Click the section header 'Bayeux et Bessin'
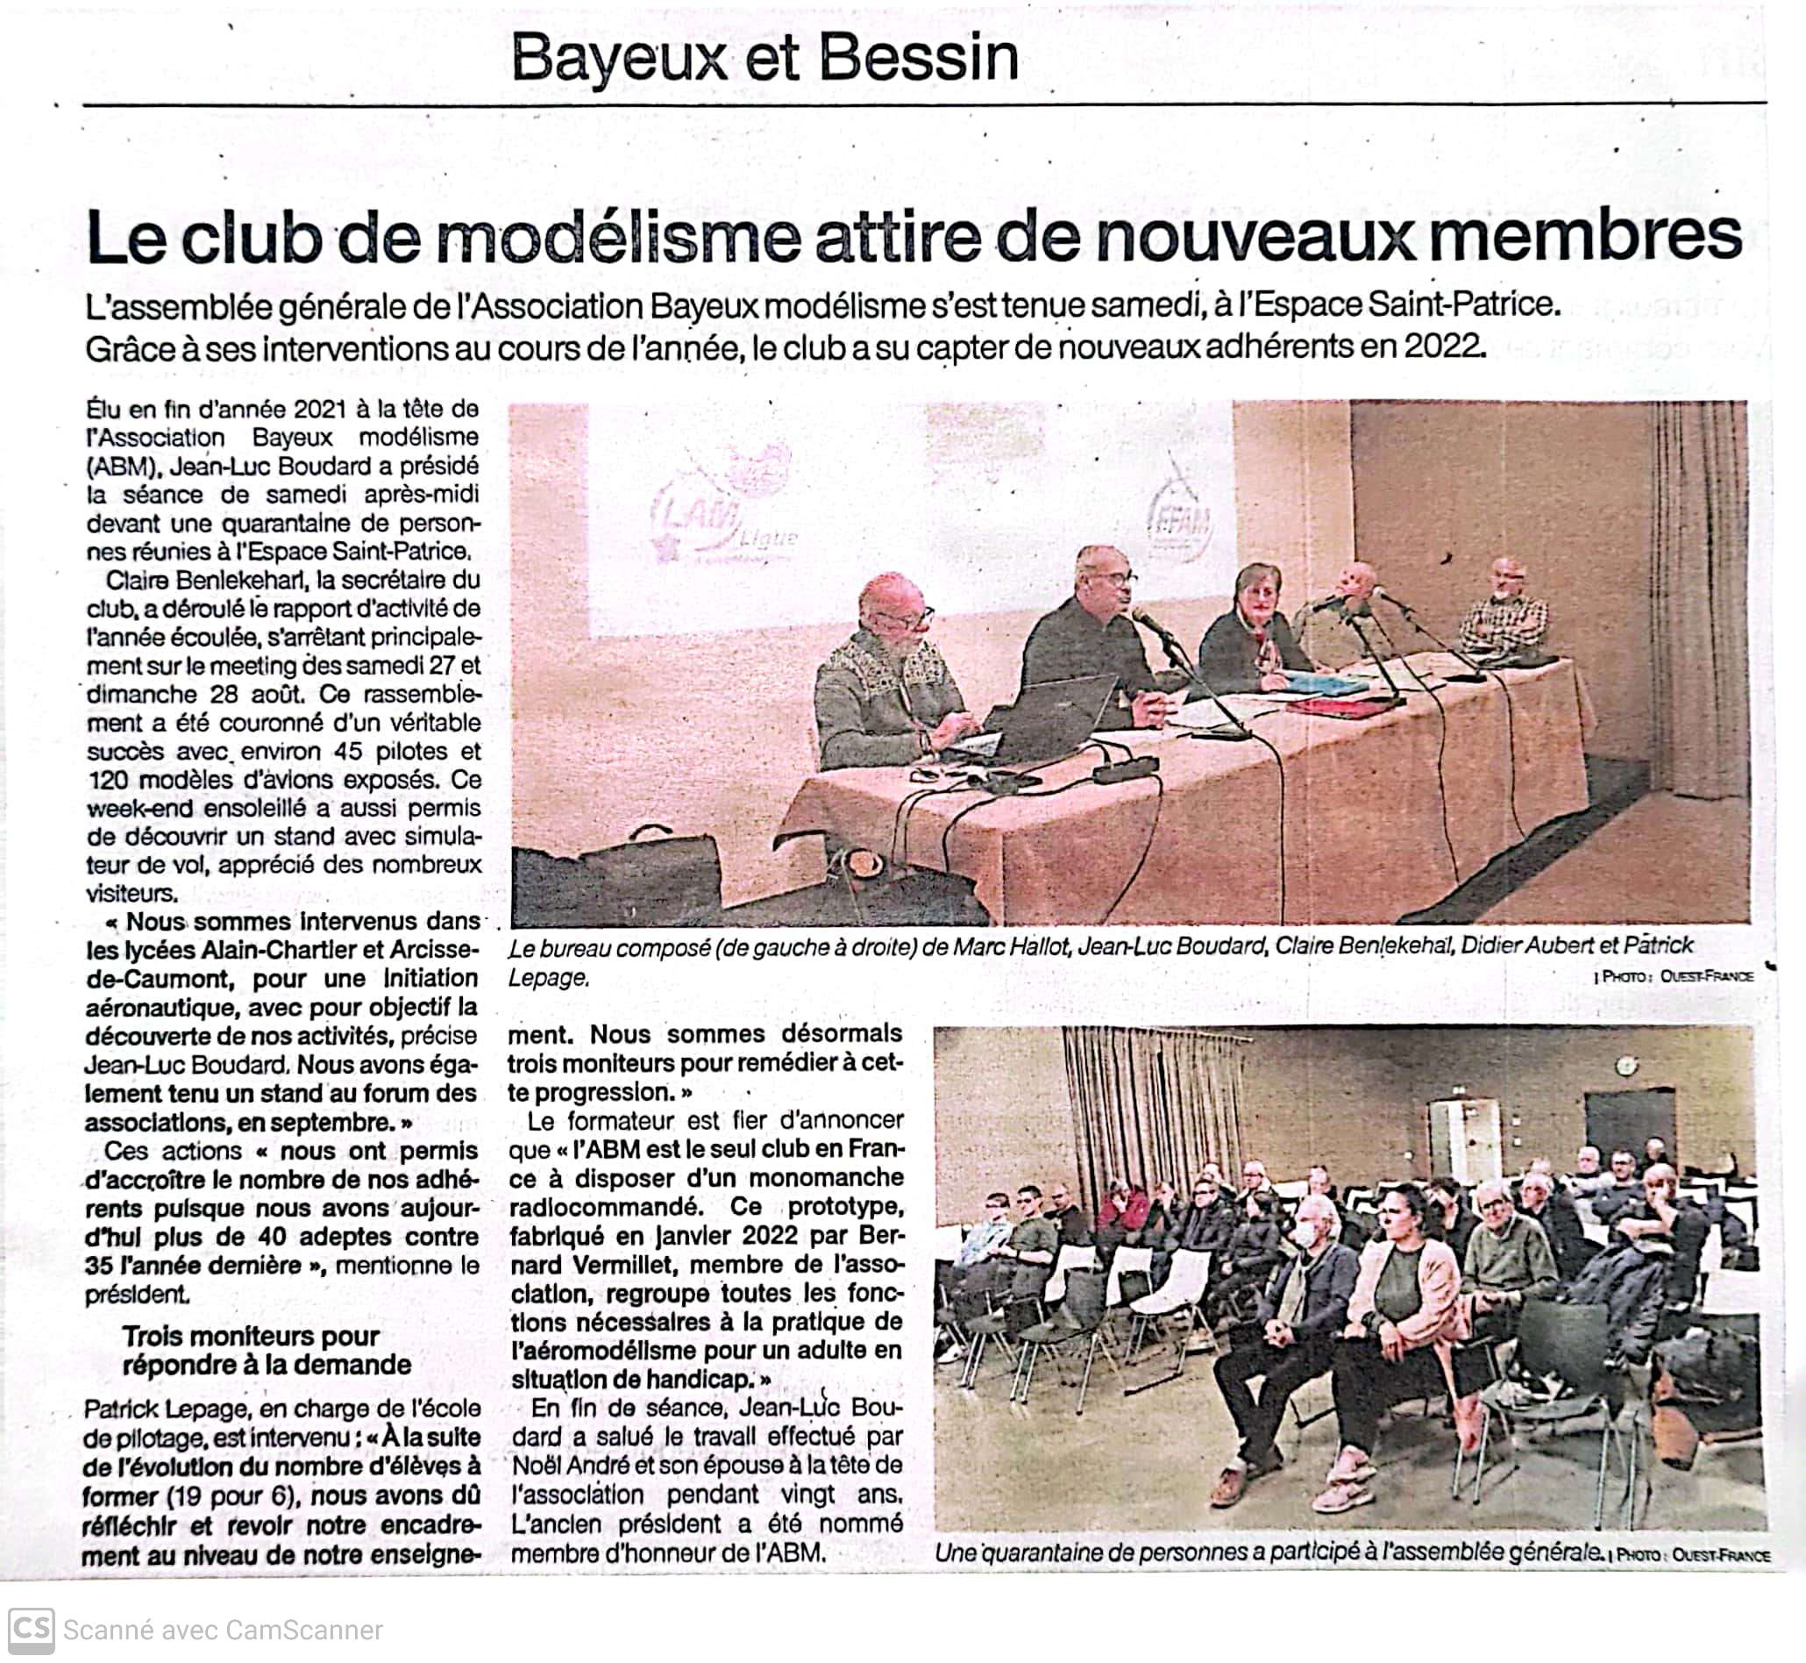764,60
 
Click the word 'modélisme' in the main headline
620,239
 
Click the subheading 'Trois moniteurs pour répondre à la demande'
267,1351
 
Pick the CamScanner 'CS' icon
30,1630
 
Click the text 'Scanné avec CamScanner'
223,1631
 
